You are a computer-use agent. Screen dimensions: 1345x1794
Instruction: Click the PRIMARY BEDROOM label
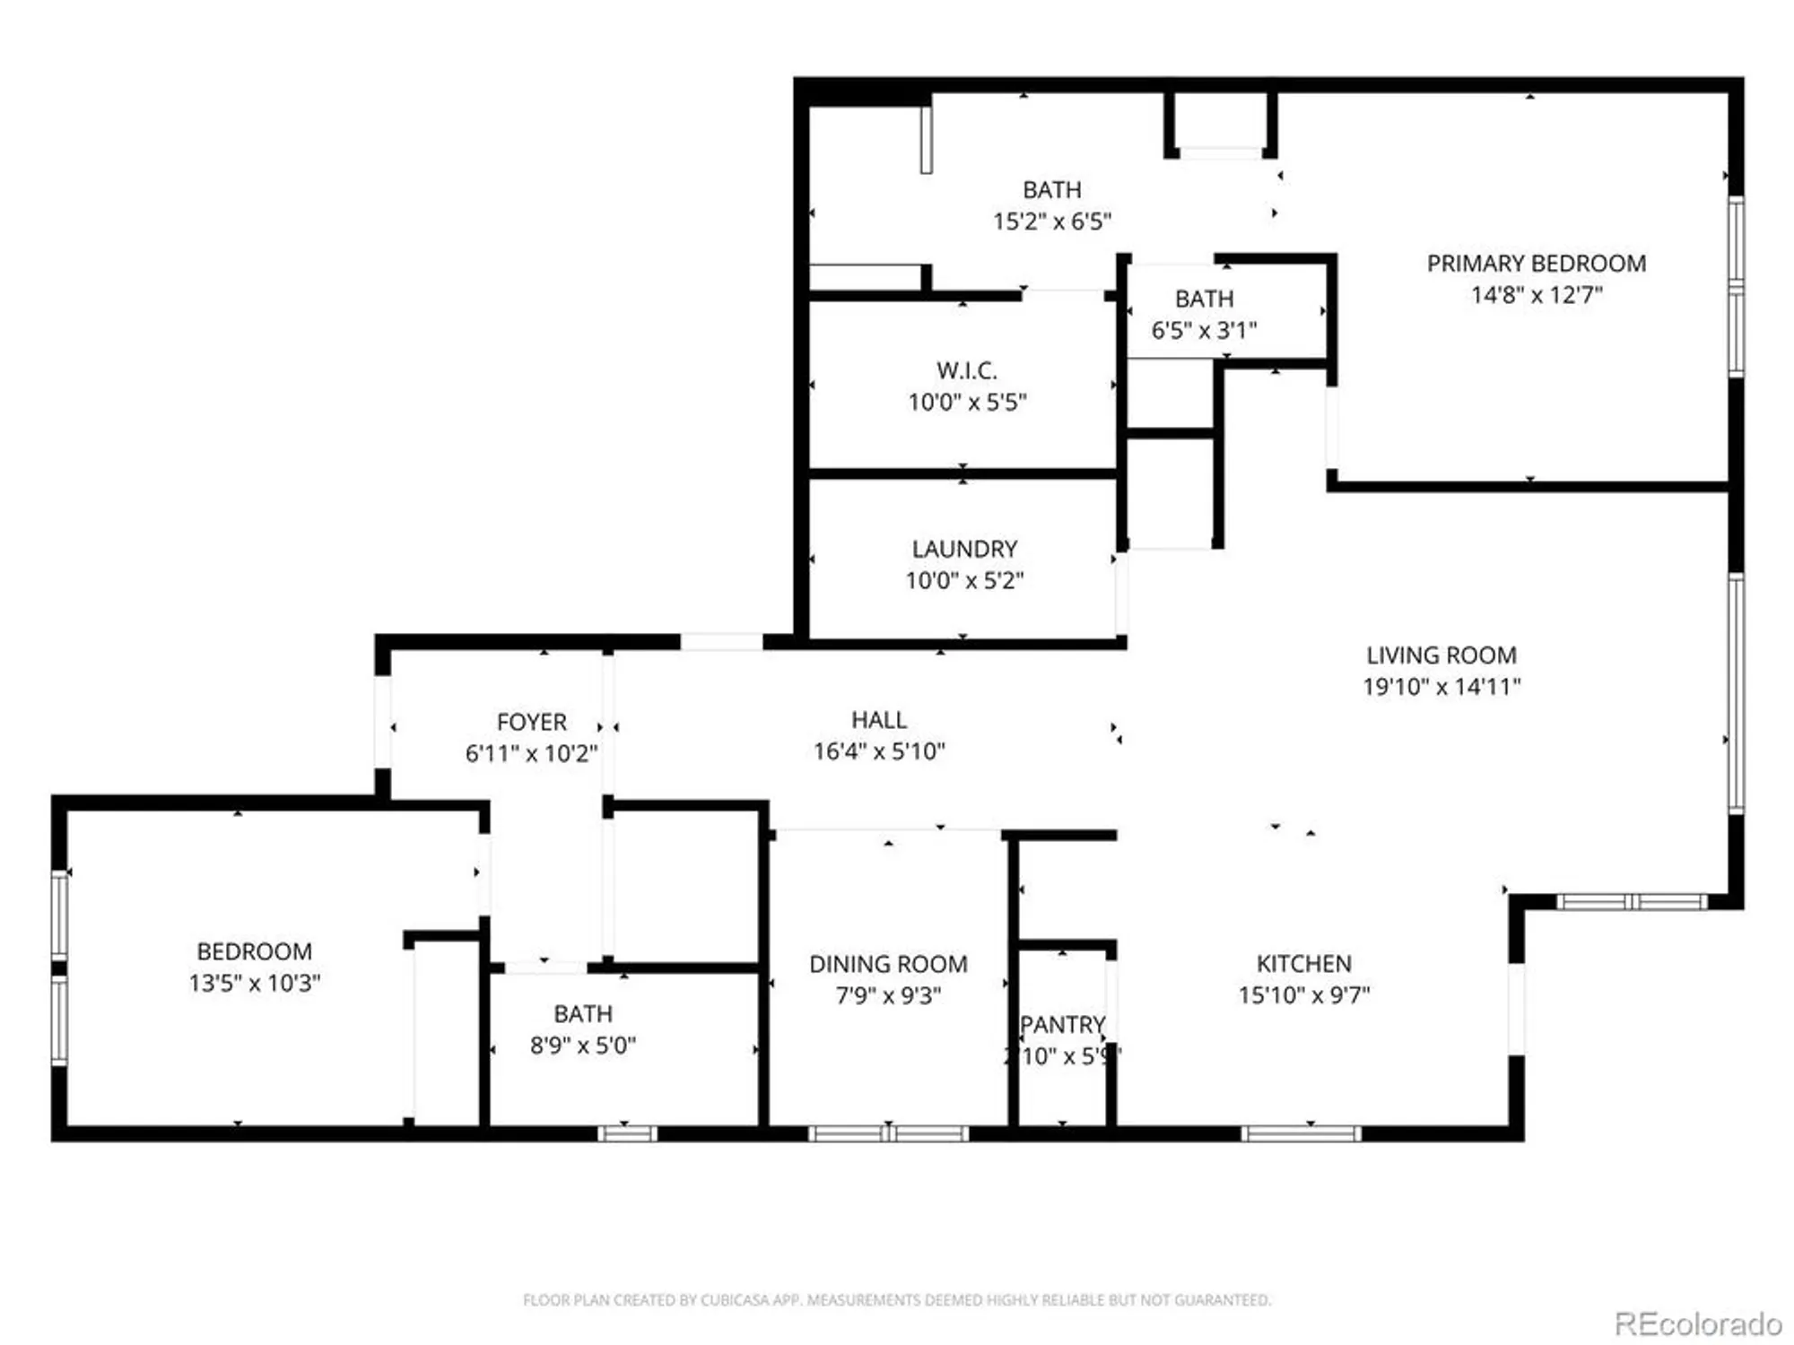[x=1536, y=264]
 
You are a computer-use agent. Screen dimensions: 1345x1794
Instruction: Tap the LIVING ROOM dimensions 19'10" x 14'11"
[x=1441, y=687]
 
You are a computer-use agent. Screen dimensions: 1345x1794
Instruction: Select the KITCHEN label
[x=1303, y=964]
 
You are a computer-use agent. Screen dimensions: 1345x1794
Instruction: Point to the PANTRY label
[x=1062, y=1025]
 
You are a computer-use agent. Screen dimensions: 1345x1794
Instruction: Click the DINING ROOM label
[x=888, y=964]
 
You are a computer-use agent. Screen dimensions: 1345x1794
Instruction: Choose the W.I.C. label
[x=966, y=370]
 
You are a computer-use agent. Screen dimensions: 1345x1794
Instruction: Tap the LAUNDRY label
[x=964, y=549]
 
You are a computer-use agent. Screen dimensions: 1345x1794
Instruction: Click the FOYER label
[x=531, y=722]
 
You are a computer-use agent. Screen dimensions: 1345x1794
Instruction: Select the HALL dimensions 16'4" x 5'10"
[x=879, y=751]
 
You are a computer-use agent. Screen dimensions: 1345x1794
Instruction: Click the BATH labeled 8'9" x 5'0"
[x=583, y=1014]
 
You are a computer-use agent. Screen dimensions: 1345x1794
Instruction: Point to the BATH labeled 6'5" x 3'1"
[x=1204, y=299]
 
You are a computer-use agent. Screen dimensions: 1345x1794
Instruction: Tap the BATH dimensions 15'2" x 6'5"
[x=1051, y=221]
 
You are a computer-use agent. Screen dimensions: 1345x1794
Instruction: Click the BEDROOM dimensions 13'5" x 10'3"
[x=255, y=983]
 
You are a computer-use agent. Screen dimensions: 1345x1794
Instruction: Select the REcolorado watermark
[x=1697, y=1323]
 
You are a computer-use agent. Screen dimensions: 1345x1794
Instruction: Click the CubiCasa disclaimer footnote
[x=897, y=1299]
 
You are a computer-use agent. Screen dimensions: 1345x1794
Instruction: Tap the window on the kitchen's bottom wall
[x=1301, y=1133]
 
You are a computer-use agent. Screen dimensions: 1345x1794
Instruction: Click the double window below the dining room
[x=888, y=1133]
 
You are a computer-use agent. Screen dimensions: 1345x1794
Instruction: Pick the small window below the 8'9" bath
[x=627, y=1133]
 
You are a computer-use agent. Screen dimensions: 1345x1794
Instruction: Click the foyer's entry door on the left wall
[x=383, y=722]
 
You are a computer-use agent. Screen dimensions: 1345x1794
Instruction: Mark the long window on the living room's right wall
[x=1736, y=693]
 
